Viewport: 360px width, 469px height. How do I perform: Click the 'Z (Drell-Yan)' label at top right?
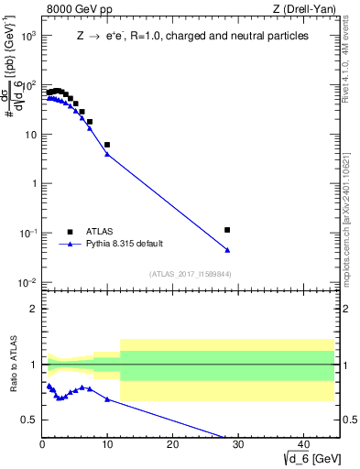coord(304,10)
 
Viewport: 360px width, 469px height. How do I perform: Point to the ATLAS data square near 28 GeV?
coord(227,230)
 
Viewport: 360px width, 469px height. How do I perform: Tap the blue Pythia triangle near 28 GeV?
coord(227,250)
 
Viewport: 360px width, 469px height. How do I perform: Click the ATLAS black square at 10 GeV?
coord(107,145)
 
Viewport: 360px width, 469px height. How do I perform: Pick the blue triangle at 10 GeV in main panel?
coord(107,154)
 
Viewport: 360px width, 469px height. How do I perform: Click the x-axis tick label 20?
coord(172,445)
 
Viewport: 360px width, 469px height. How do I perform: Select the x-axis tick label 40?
coord(302,445)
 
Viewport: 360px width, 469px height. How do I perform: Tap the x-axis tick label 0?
coord(42,445)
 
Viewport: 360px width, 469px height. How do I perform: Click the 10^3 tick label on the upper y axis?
coord(26,36)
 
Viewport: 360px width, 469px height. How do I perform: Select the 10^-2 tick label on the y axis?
coord(26,282)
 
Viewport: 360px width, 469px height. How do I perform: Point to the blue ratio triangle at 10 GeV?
coord(107,399)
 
